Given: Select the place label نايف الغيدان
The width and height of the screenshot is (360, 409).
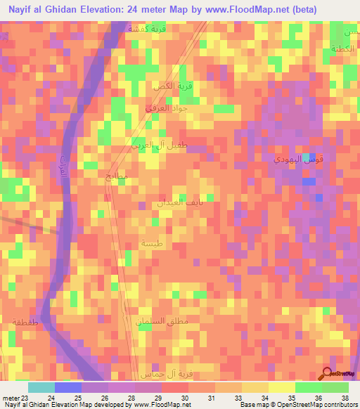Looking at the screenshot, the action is click(x=170, y=202).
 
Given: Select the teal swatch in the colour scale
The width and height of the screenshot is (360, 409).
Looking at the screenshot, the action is click(x=41, y=387).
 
